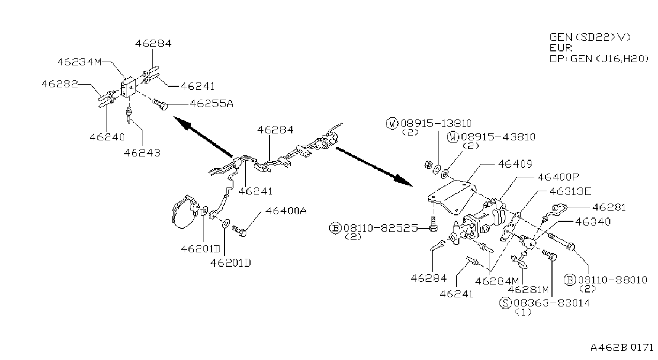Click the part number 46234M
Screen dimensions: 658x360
(x=79, y=62)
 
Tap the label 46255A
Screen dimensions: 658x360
(x=212, y=104)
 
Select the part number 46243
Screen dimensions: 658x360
(x=142, y=153)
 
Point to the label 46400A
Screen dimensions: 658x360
(x=286, y=211)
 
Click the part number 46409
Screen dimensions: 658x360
(x=516, y=164)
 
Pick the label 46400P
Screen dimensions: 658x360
(x=558, y=177)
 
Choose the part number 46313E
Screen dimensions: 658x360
(x=570, y=192)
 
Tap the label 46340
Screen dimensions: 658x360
(x=593, y=222)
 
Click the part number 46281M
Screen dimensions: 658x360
(x=528, y=290)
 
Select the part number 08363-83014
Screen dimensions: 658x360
(x=551, y=303)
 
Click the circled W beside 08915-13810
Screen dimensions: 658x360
(x=392, y=123)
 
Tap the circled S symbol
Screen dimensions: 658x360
(x=505, y=303)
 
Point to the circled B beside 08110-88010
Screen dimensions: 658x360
(x=570, y=280)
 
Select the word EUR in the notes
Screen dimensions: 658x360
(x=561, y=48)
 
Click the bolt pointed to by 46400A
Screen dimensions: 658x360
(x=239, y=231)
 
